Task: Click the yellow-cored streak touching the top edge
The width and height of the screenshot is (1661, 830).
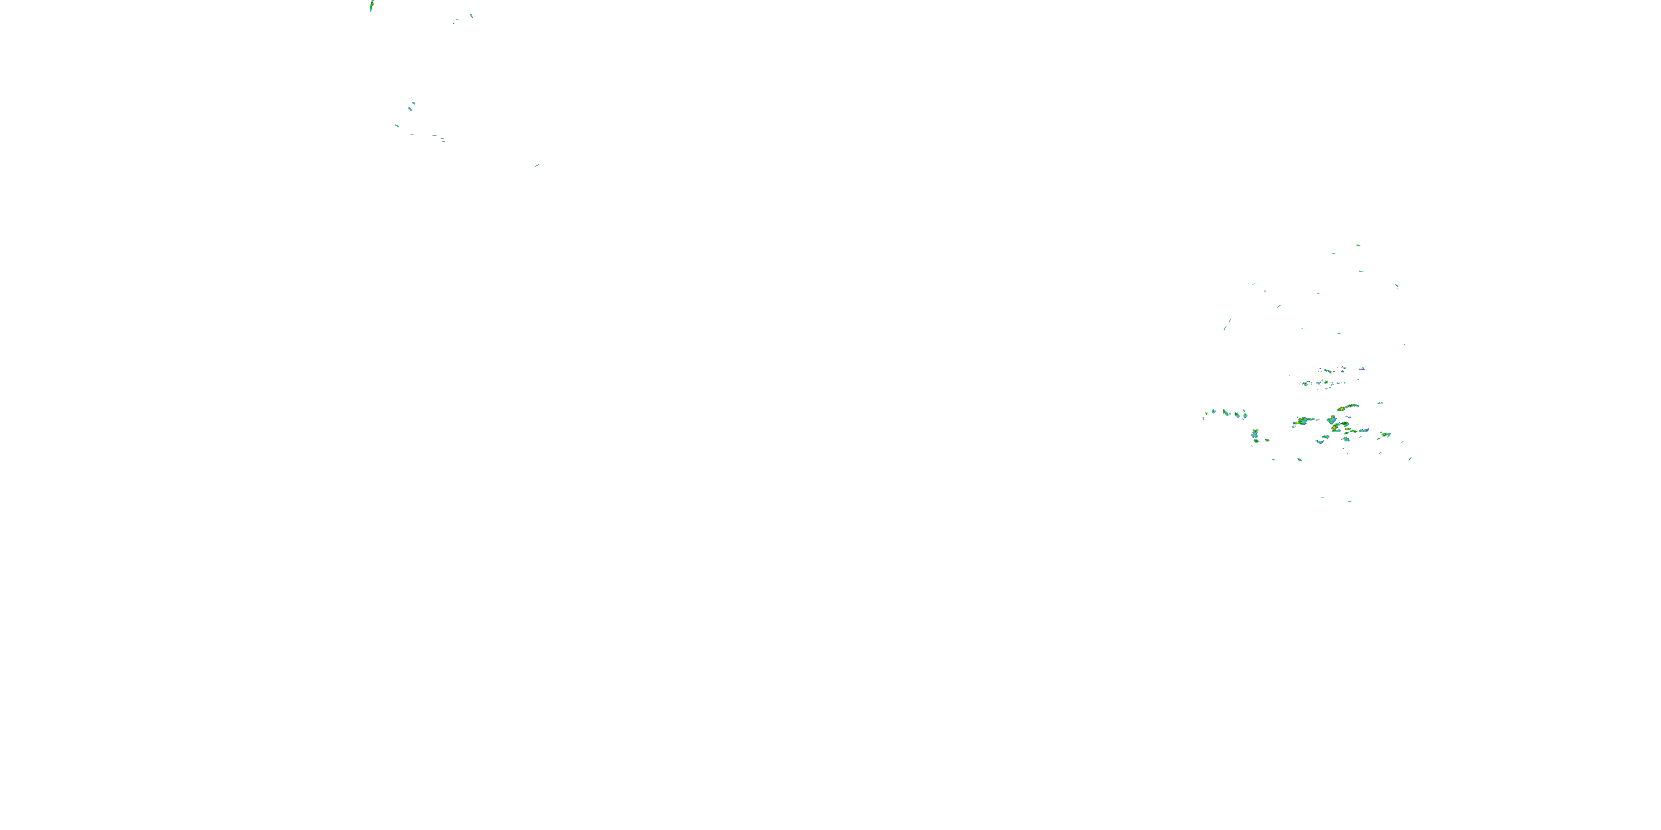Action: pos(372,6)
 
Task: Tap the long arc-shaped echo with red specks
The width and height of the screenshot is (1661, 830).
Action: pos(1347,408)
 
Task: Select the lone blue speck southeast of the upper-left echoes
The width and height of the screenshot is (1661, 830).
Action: pos(537,165)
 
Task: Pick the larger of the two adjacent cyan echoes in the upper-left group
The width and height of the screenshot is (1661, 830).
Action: pos(410,108)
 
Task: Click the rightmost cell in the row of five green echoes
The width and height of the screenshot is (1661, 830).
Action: pos(1245,414)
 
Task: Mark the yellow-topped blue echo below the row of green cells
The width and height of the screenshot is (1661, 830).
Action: pos(1255,434)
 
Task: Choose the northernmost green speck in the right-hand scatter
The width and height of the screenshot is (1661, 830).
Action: pos(1358,245)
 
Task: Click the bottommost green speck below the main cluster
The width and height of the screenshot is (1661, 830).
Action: pos(1350,501)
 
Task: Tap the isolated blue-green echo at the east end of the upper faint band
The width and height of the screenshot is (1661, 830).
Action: pos(1362,369)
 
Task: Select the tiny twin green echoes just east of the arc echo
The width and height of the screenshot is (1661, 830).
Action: pos(1380,403)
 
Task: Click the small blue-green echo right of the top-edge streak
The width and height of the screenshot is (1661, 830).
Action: pos(471,15)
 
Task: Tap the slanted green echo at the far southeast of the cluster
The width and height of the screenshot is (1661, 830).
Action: pos(1410,459)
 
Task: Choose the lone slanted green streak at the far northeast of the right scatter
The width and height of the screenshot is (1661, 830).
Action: pos(1397,286)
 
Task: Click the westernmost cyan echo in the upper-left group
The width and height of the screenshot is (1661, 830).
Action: pos(397,126)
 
